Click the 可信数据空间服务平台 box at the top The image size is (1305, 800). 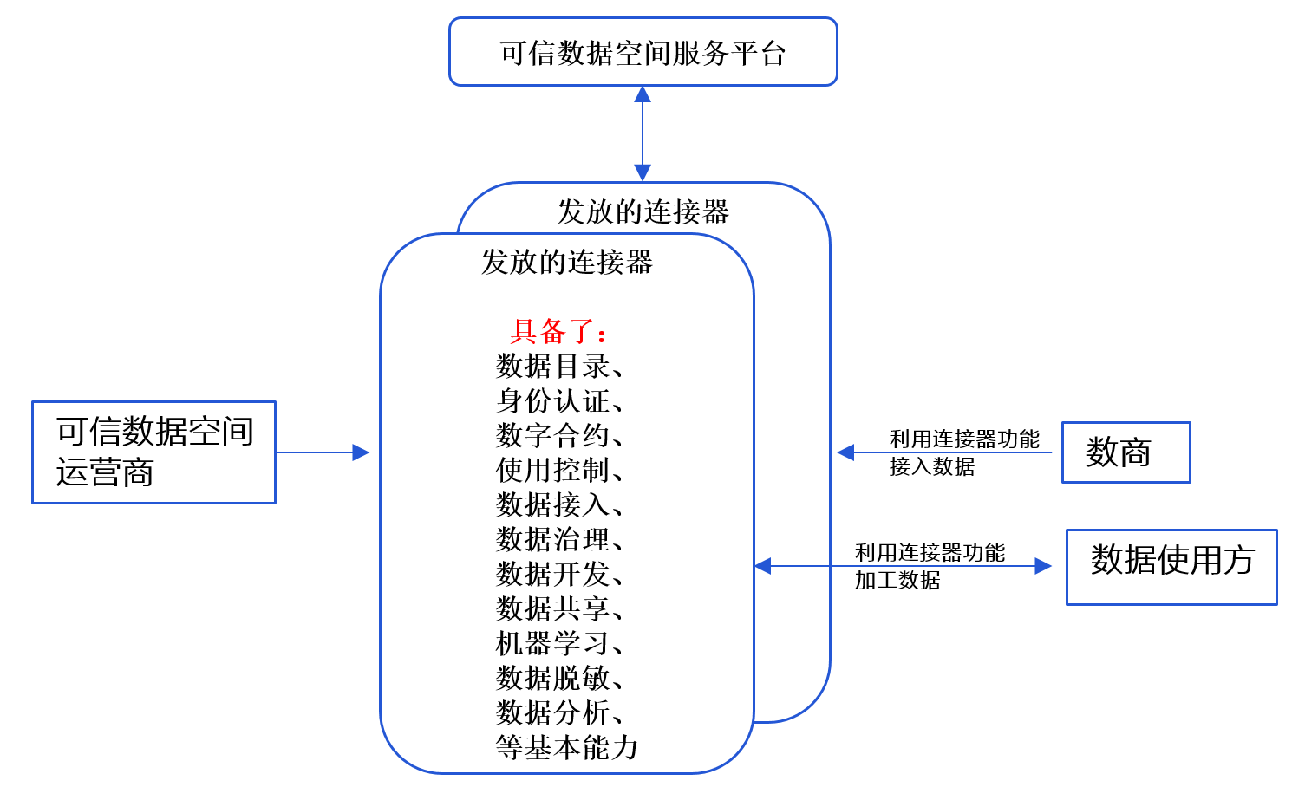click(643, 52)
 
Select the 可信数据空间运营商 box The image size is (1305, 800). click(153, 452)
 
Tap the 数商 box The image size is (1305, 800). click(1126, 452)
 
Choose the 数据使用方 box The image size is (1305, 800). click(1171, 566)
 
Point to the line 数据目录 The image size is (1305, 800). click(559, 366)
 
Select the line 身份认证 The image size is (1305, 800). click(559, 400)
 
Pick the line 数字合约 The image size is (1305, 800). click(559, 435)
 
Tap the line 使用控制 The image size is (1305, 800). click(559, 470)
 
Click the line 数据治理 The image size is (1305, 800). click(559, 539)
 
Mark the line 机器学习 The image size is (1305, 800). click(559, 643)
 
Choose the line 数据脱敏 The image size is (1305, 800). click(559, 678)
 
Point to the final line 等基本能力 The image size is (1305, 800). click(567, 747)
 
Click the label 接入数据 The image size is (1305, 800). click(932, 467)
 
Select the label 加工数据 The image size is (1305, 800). click(897, 581)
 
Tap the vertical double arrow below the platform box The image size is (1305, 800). click(643, 133)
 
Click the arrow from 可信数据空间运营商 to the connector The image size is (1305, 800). click(322, 452)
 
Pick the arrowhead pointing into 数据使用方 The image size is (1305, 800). click(1043, 566)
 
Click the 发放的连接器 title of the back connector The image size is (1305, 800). click(643, 211)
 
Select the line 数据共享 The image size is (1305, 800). click(559, 608)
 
